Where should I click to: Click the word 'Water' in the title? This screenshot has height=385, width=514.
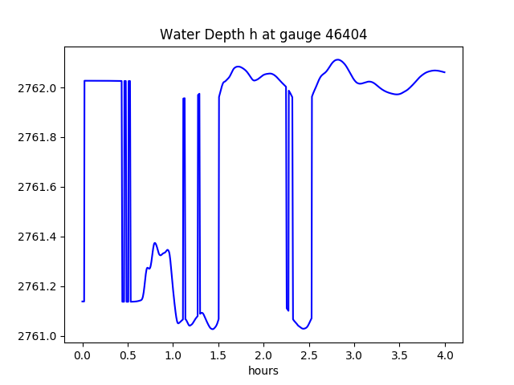point(177,34)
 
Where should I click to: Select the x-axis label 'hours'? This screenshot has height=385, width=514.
point(263,371)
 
